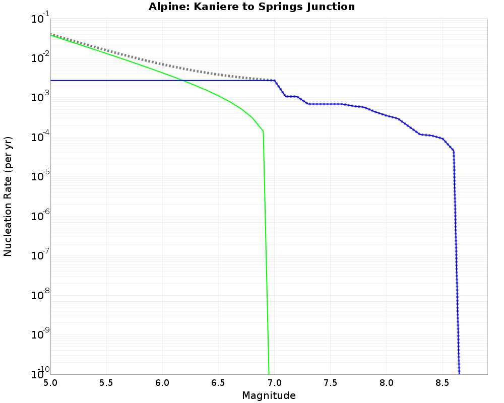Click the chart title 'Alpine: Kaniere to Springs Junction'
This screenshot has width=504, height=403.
point(251,7)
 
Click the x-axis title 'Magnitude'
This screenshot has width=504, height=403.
point(269,395)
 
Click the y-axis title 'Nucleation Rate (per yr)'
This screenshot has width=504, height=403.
point(8,196)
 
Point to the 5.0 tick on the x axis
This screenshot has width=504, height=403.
point(50,382)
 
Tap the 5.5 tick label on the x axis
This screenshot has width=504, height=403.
point(106,382)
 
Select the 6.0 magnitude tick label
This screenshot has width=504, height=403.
point(162,382)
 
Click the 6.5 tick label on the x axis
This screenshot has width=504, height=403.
point(218,382)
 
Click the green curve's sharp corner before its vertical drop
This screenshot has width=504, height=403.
point(263,131)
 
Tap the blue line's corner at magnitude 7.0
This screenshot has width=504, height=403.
point(275,81)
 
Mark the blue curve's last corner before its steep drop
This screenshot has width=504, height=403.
point(454,151)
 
